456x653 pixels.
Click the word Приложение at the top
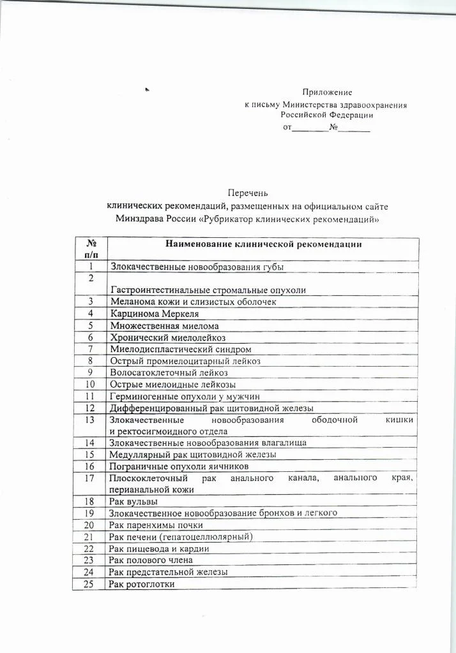[327, 92]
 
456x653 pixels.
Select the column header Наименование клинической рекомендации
[264, 244]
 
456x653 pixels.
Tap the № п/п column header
[91, 249]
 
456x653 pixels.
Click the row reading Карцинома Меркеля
[155, 313]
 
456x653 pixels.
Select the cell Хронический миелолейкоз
[168, 337]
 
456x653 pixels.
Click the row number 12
[90, 408]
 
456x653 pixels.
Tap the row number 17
[90, 478]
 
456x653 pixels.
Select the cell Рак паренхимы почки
[156, 525]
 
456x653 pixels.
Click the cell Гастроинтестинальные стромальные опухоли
[208, 290]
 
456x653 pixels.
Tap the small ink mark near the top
[147, 90]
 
